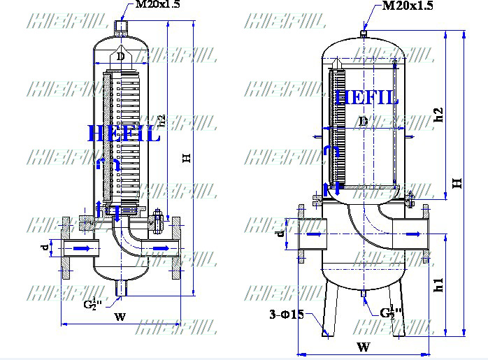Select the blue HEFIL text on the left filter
click(x=124, y=133)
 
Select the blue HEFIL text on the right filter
click(x=366, y=97)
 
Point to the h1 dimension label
click(x=439, y=285)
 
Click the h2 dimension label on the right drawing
click(x=439, y=115)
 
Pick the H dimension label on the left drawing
click(x=187, y=159)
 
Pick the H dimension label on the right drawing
click(x=457, y=182)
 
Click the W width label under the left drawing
click(x=120, y=317)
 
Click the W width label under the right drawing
click(x=363, y=347)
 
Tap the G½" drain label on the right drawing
click(x=392, y=312)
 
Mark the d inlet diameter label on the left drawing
click(x=43, y=247)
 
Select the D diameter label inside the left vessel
click(x=120, y=56)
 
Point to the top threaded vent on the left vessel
click(x=120, y=27)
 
